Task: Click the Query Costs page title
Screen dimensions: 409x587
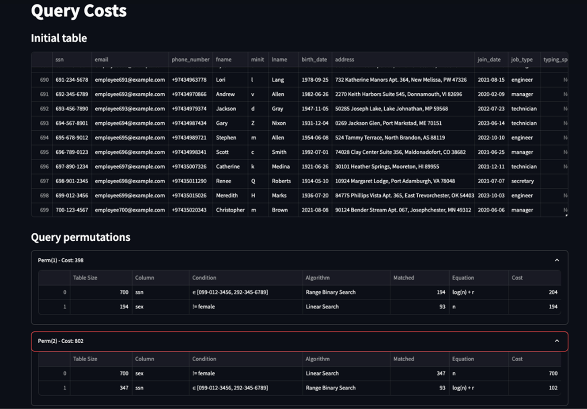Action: [x=79, y=11]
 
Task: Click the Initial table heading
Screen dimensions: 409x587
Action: [x=59, y=38]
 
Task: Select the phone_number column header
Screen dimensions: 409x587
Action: [x=190, y=60]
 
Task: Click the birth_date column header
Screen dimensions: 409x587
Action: [x=314, y=60]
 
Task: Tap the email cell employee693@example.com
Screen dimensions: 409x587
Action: [x=129, y=109]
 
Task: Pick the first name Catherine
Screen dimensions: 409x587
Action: [x=227, y=167]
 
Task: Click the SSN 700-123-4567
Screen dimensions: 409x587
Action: [x=72, y=210]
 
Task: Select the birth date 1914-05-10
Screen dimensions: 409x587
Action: [x=315, y=181]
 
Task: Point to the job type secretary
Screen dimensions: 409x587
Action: [x=523, y=181]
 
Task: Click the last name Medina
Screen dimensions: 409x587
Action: [x=280, y=167]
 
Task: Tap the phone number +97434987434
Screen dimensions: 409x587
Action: [x=189, y=123]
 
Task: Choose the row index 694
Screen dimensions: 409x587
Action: [x=44, y=138]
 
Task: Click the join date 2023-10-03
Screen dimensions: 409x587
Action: [x=491, y=196]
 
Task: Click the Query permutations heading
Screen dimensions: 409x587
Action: [x=80, y=237]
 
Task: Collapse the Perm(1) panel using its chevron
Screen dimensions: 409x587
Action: [x=557, y=260]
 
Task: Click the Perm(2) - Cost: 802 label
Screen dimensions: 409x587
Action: [x=61, y=341]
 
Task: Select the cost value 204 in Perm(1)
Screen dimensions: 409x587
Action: [x=553, y=292]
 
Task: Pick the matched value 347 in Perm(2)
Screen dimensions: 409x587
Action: [x=441, y=374]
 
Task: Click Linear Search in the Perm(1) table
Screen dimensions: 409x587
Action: [x=322, y=307]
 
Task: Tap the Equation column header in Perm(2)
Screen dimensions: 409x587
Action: [x=462, y=359]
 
